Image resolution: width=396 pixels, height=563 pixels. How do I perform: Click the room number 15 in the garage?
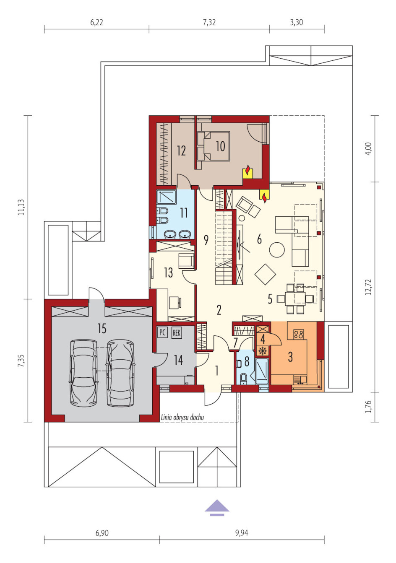pos(102,328)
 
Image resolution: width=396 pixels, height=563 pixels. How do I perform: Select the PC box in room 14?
pos(162,332)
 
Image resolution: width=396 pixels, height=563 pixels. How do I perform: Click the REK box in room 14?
pos(176,332)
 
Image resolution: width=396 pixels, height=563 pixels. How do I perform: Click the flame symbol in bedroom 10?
pos(247,170)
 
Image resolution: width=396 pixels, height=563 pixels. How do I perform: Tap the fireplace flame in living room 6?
pos(264,197)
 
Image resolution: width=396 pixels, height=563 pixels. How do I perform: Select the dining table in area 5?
pos(295,298)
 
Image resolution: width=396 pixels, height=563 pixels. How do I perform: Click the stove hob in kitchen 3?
pos(298,334)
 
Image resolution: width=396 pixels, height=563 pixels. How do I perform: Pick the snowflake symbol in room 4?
pos(263,350)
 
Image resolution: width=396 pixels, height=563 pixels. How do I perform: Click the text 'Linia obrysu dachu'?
pos(182,418)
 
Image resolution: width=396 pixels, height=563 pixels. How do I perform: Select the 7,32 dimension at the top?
pos(209,22)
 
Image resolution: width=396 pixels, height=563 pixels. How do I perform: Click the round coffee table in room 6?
pos(277,249)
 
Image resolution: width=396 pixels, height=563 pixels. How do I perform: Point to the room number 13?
pos(168,272)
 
